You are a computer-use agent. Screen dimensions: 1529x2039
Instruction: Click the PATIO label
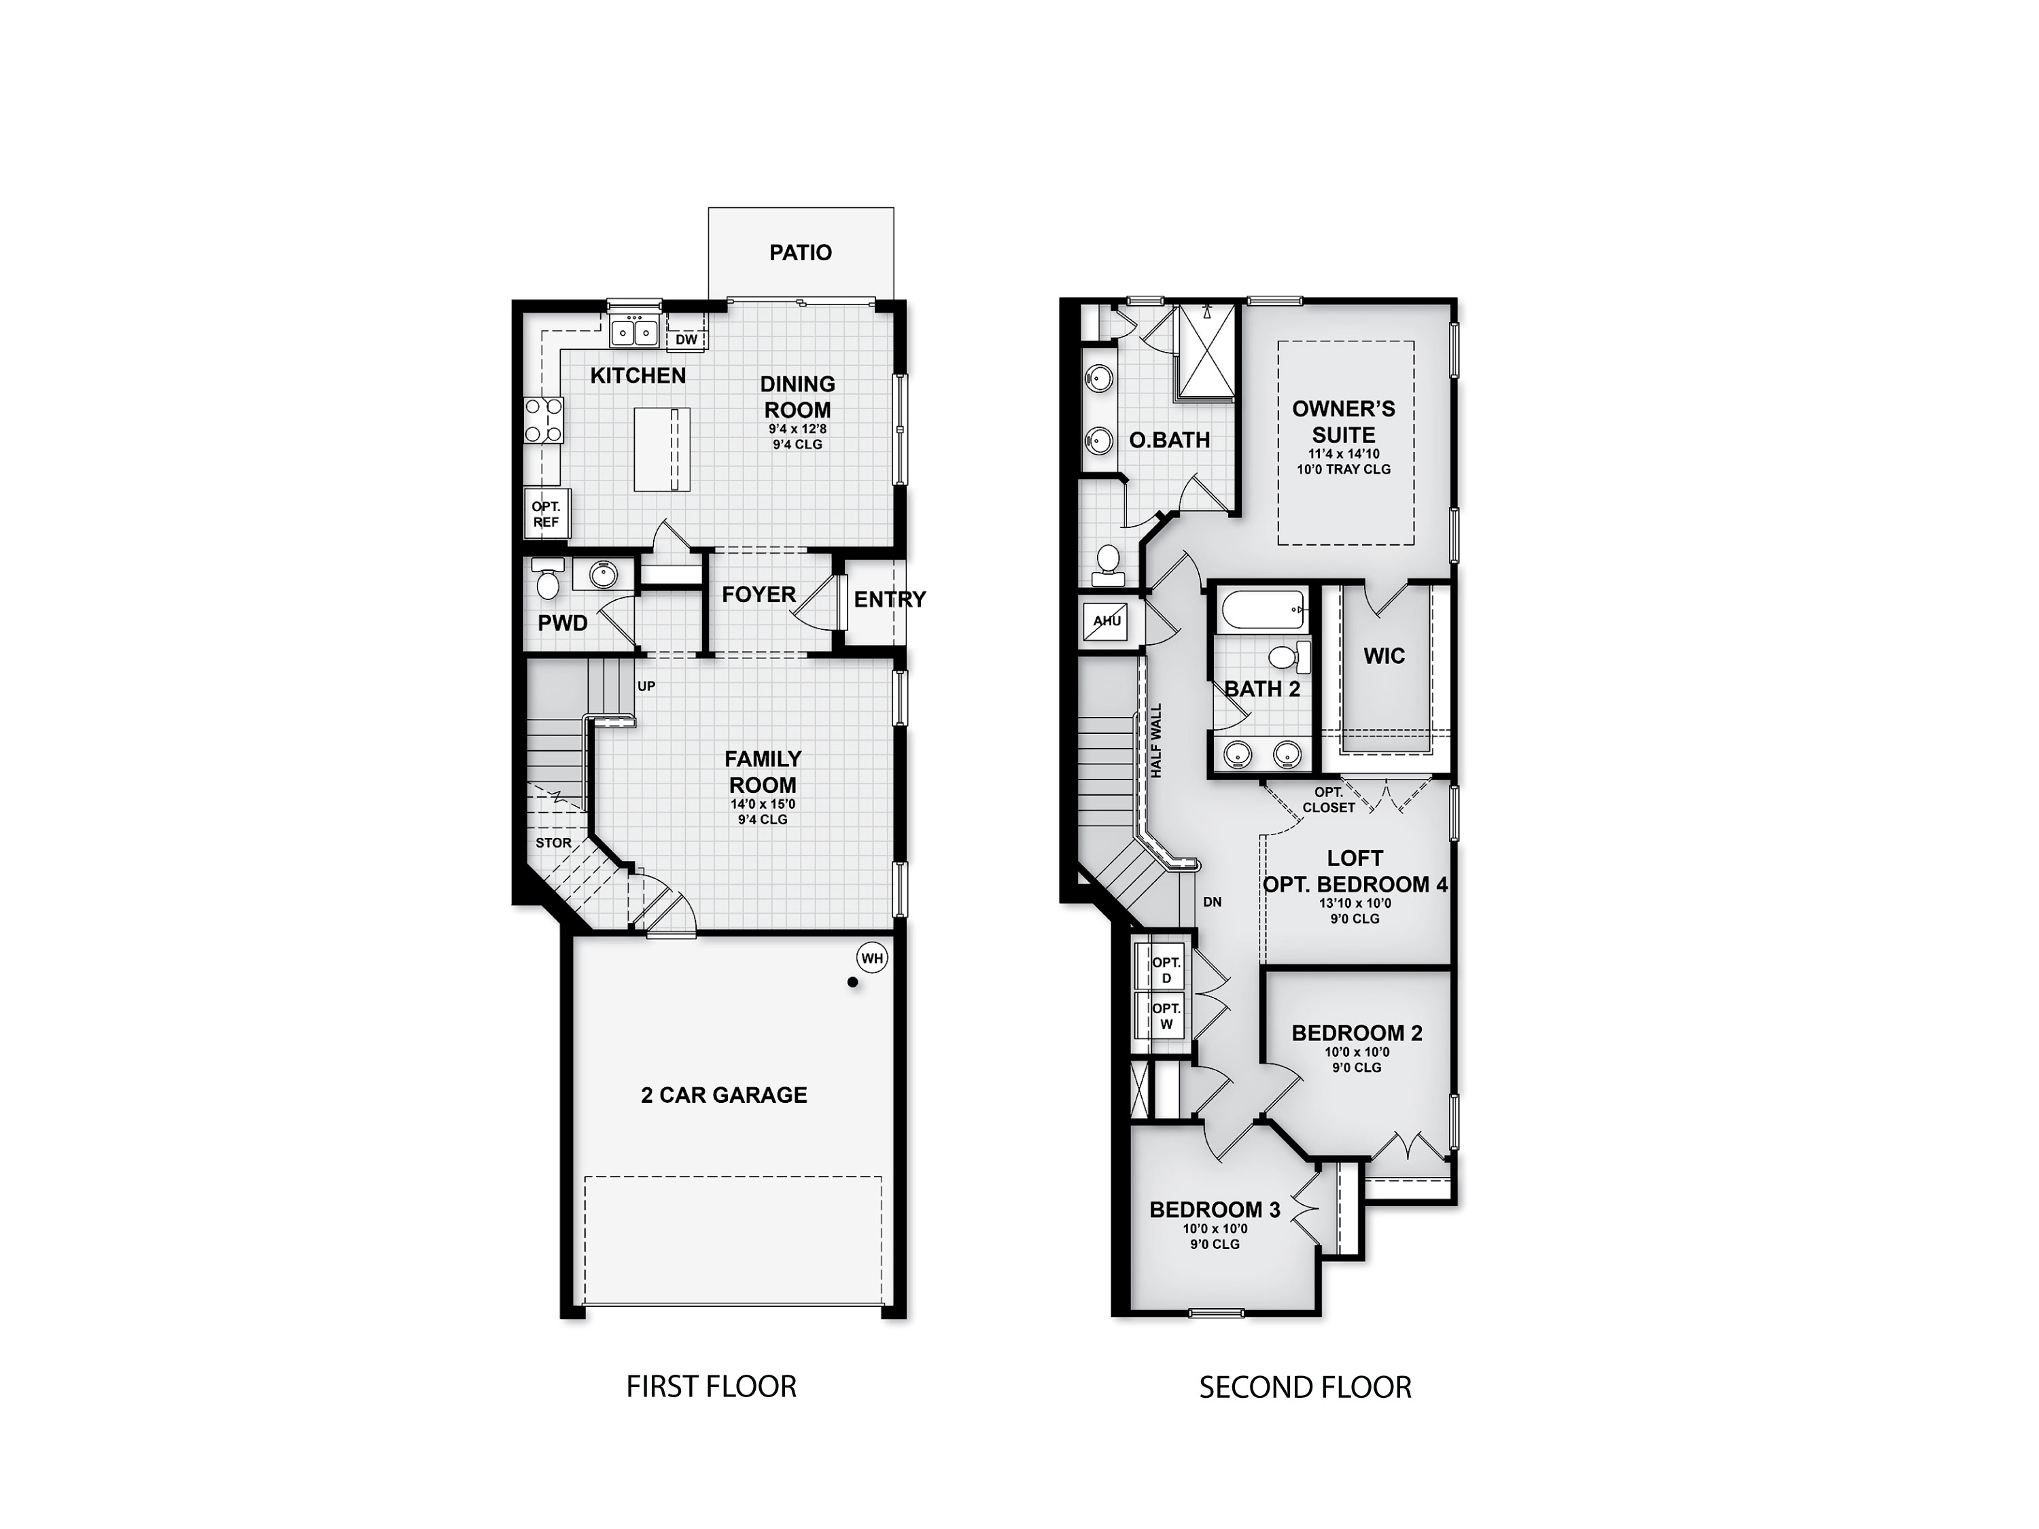(x=800, y=253)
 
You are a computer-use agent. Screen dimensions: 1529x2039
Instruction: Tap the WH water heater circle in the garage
(x=871, y=958)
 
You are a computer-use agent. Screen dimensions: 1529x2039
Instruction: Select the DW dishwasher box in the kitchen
(x=686, y=339)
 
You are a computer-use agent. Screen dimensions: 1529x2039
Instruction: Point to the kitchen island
(x=662, y=450)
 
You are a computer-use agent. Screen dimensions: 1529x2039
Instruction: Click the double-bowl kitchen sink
(x=634, y=331)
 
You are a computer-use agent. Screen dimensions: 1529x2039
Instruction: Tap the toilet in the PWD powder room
(x=548, y=580)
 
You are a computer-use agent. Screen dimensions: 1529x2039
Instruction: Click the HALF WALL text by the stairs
(x=1156, y=741)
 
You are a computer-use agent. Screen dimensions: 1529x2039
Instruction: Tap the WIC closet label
(x=1384, y=656)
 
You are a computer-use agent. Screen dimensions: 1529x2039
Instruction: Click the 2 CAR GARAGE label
(x=724, y=1095)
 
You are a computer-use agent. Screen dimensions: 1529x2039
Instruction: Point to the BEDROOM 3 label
(x=1214, y=1209)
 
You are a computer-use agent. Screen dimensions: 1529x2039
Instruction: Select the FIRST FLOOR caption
(x=711, y=1386)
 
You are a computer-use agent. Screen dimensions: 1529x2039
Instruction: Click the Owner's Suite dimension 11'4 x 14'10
(x=1343, y=453)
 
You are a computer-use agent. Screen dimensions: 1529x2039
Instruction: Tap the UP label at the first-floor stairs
(x=646, y=686)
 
